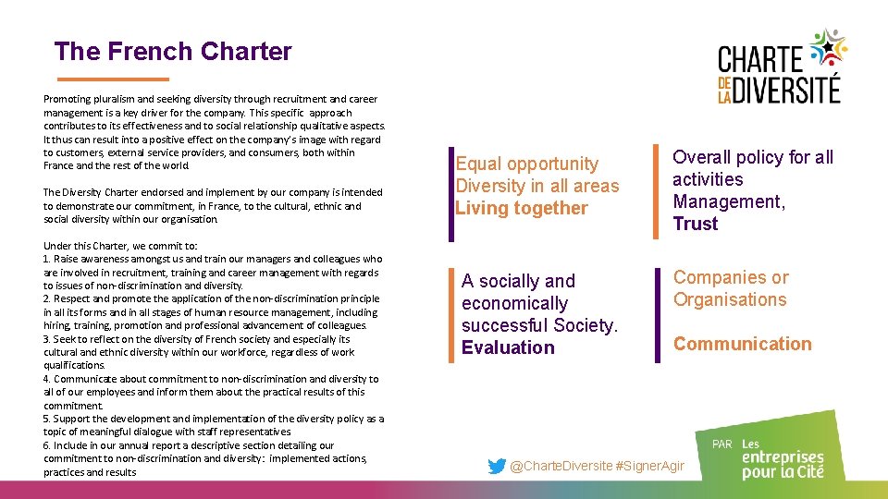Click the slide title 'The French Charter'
tap(173, 52)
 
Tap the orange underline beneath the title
tap(113, 79)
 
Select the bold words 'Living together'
tap(522, 208)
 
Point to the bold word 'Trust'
tap(696, 224)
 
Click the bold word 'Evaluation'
tap(508, 347)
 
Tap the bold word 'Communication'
tap(742, 344)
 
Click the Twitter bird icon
tap(497, 467)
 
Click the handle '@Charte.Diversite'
tap(561, 467)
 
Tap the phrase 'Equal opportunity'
tap(527, 164)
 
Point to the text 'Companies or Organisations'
tap(731, 288)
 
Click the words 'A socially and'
tap(518, 281)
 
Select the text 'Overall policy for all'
tap(753, 157)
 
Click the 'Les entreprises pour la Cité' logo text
tap(782, 458)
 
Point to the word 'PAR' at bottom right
tap(722, 444)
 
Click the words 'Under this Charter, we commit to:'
tap(120, 246)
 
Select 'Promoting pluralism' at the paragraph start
tap(88, 98)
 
